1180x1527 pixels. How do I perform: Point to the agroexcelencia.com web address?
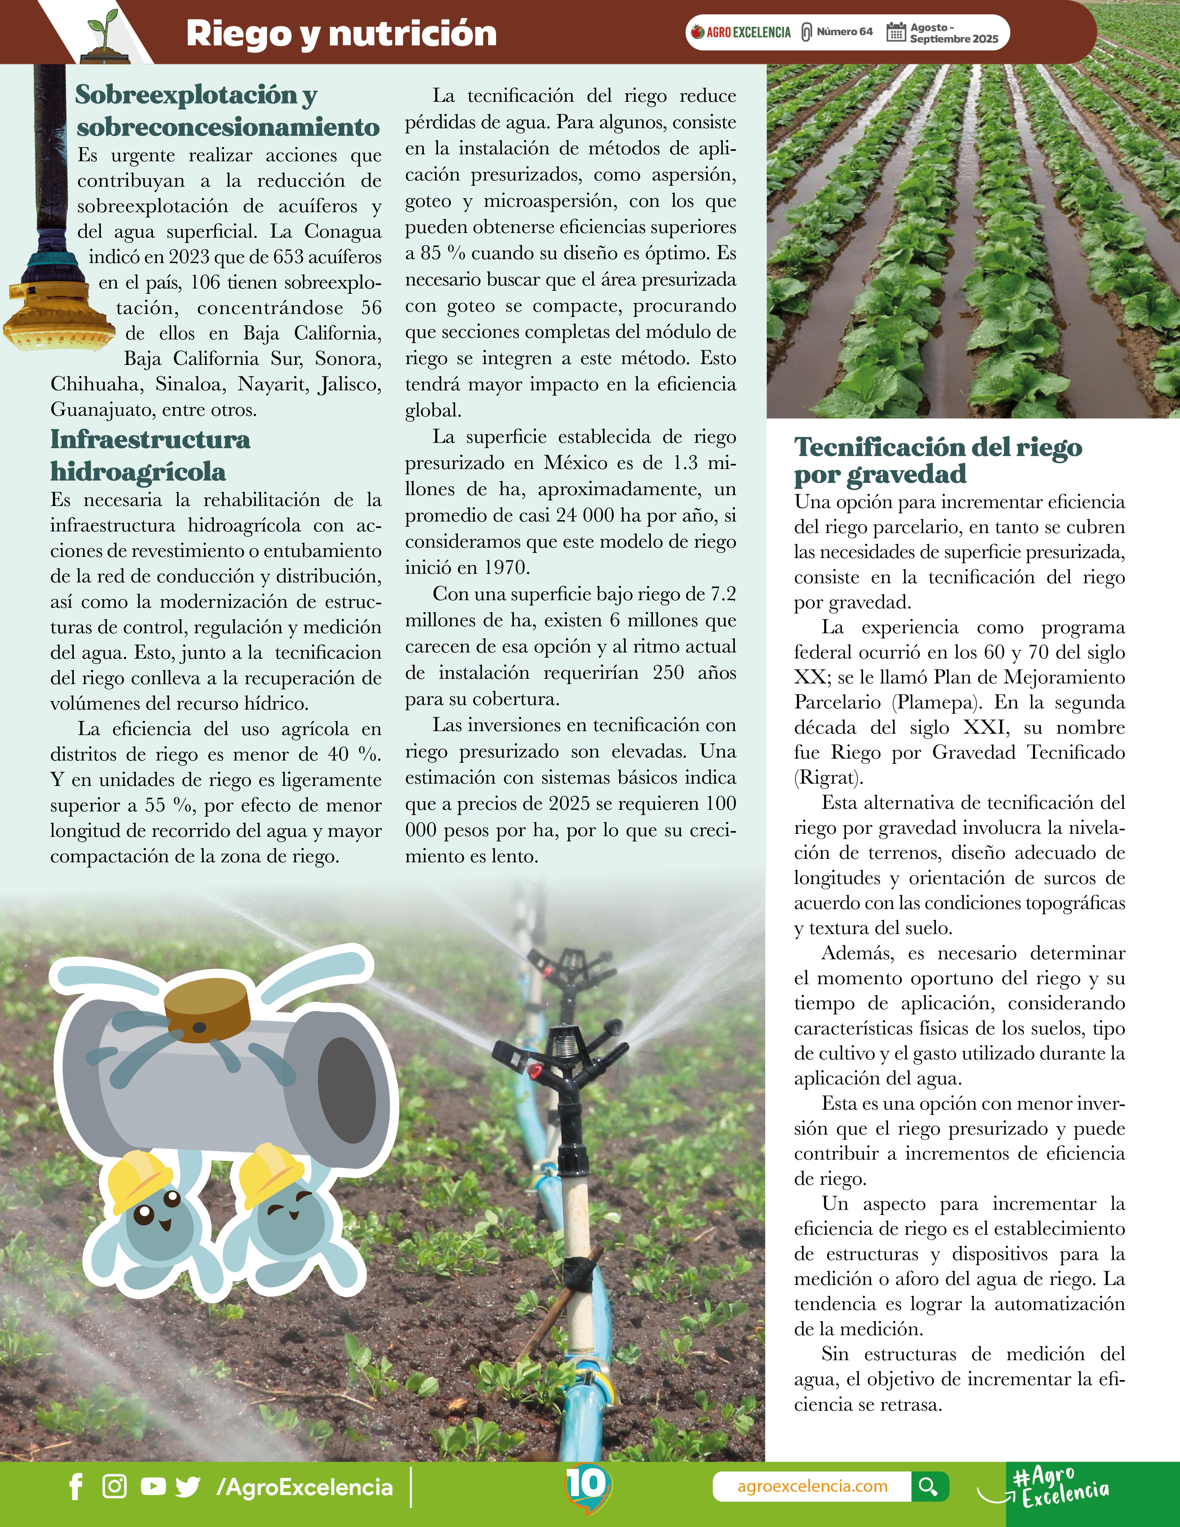pyautogui.click(x=812, y=1487)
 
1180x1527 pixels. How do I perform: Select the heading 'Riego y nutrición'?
pyautogui.click(x=341, y=34)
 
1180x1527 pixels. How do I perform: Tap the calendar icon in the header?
pyautogui.click(x=895, y=32)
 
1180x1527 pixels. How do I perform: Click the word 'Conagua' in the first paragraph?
pyautogui.click(x=342, y=231)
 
